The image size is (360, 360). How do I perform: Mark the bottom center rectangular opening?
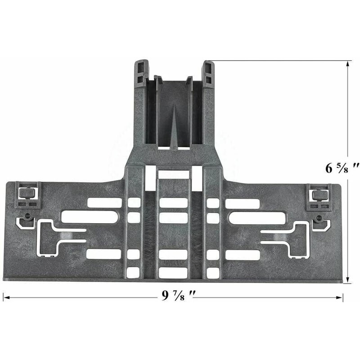tap(173, 272)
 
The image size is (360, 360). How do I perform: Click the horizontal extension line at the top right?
tap(279, 61)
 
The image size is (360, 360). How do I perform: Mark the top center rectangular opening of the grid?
tap(173, 173)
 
